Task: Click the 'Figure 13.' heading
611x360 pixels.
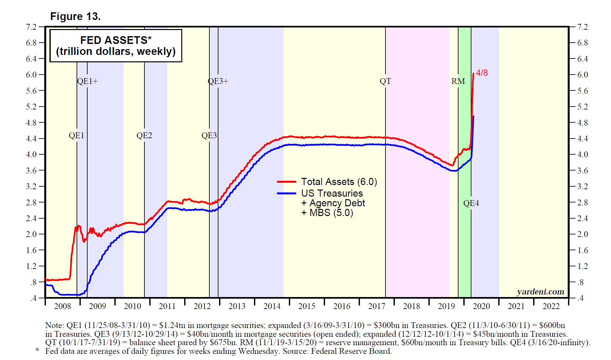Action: (x=75, y=16)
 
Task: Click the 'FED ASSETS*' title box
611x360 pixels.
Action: (x=116, y=46)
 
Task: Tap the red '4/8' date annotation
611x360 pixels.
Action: (x=482, y=73)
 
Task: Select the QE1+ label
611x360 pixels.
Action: (x=87, y=81)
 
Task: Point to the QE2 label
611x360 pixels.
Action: (x=144, y=136)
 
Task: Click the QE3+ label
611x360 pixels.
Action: (x=218, y=81)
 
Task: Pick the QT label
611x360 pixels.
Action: (x=385, y=81)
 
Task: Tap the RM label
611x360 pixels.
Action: (x=458, y=81)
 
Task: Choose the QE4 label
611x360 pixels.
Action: (x=471, y=203)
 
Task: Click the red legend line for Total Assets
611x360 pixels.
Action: (x=287, y=182)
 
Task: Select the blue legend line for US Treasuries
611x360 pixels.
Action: (x=287, y=193)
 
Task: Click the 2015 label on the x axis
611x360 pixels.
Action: (x=307, y=306)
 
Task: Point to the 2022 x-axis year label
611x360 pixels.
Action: (x=551, y=306)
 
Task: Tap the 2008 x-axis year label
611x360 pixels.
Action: (x=62, y=306)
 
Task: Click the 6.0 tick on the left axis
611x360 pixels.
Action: (x=31, y=75)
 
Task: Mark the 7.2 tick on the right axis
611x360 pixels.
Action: (x=583, y=27)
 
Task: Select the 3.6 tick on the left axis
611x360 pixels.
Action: (x=31, y=170)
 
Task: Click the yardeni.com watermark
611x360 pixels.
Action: (x=540, y=292)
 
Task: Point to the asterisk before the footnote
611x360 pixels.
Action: (x=37, y=350)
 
